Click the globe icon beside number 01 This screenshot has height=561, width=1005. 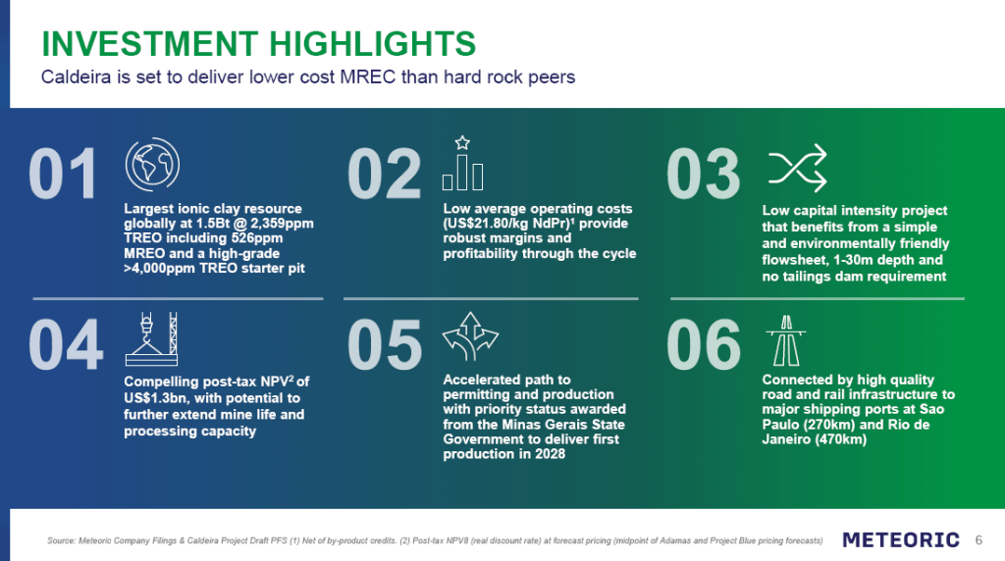click(152, 165)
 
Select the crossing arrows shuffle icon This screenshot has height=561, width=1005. click(798, 169)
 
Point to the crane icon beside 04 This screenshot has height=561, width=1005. click(151, 338)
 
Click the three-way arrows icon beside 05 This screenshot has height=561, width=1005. click(470, 336)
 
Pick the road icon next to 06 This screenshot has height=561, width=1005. click(786, 340)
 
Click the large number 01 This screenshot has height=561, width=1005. click(63, 174)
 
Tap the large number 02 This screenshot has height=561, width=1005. click(384, 174)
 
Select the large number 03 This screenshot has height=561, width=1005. click(704, 174)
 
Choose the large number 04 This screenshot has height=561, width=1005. click(66, 344)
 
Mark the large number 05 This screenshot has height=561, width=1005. click(385, 344)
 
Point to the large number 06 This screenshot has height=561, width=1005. click(704, 344)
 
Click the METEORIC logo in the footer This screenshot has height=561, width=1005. click(901, 539)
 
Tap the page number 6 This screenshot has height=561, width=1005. click(979, 539)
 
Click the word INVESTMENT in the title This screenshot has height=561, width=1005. click(150, 43)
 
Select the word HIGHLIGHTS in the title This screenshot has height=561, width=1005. click(372, 43)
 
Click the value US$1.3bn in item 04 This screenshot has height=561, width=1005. click(152, 397)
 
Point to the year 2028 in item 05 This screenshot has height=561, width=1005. click(550, 454)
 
